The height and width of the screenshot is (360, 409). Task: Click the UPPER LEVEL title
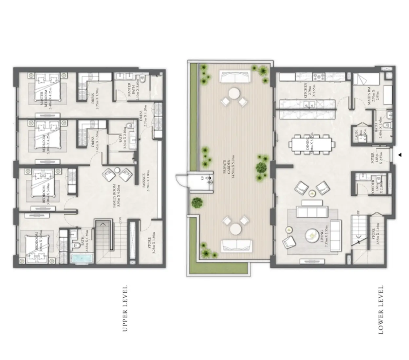[x=125, y=309]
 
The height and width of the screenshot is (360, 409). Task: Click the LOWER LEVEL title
[x=381, y=310]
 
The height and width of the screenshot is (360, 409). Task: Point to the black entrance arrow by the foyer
[x=400, y=155]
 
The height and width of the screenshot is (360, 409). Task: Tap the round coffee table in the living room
[x=312, y=235]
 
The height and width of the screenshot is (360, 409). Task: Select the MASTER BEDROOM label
[x=44, y=95]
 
